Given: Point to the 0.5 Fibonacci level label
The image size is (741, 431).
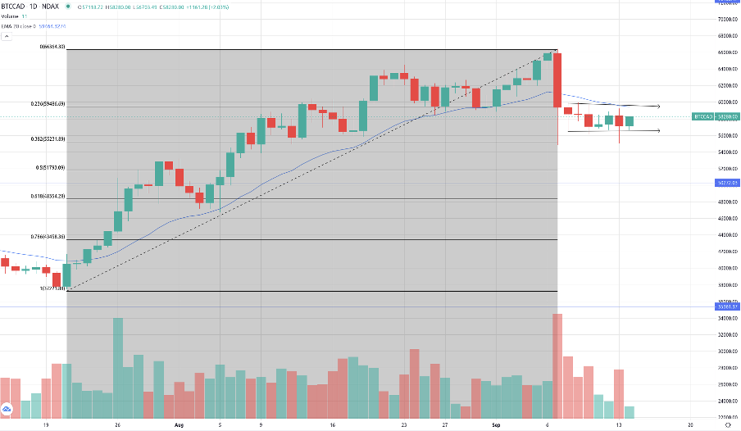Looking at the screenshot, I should point(50,167).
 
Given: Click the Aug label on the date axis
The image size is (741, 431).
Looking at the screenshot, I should point(180,426).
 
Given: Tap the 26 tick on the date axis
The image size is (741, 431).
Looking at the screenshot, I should point(118,426).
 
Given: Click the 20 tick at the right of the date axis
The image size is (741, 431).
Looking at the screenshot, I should point(691,426).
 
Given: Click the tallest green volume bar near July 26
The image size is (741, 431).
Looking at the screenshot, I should point(118,368).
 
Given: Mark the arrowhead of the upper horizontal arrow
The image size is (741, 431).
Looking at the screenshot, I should point(658,107).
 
